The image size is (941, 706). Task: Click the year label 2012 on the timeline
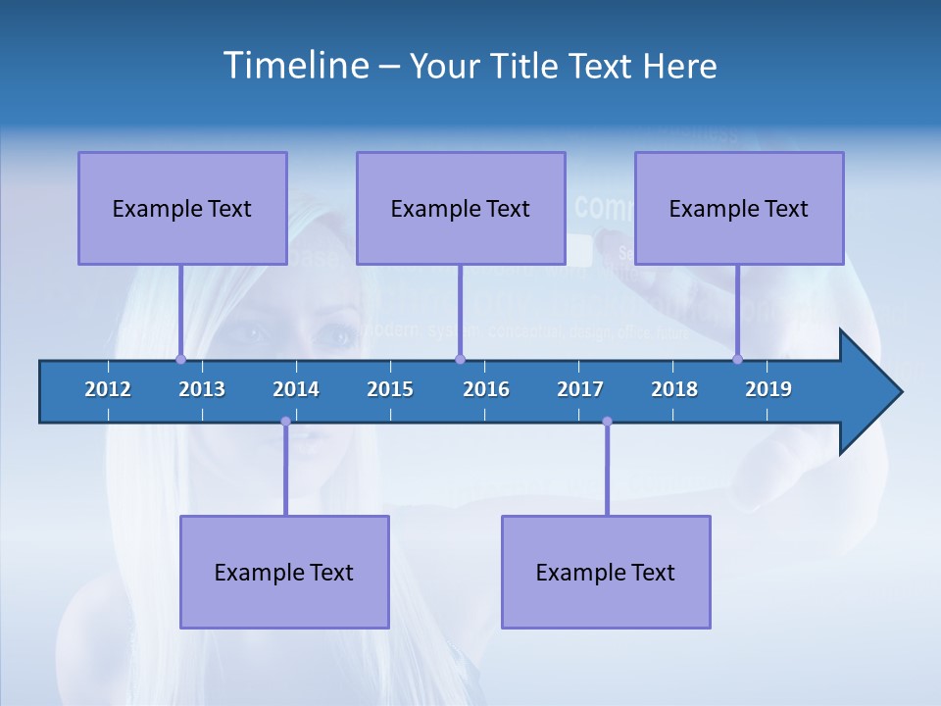coord(108,389)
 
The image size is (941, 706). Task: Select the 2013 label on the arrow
coord(202,389)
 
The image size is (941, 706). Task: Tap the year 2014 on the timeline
coord(296,389)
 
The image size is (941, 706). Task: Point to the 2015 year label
coord(390,389)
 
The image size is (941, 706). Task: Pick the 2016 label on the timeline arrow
coord(486,389)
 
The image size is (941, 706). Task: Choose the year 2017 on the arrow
coord(580,389)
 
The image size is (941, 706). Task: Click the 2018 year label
coord(674,389)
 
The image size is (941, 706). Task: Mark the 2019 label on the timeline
coord(768,389)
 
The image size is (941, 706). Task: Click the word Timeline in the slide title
coord(293,66)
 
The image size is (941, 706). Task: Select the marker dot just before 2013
coord(180,359)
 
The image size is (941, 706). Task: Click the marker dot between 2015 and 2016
coord(460,359)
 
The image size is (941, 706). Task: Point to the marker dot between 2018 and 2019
coord(737,359)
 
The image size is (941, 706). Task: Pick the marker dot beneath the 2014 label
coord(285,422)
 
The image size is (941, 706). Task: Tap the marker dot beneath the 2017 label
coord(607,422)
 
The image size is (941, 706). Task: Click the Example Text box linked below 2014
coord(284,572)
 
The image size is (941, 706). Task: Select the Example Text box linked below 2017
coord(606,572)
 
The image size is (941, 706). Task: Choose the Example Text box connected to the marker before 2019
coord(739,208)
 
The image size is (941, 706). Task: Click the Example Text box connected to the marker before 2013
coord(182,208)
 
